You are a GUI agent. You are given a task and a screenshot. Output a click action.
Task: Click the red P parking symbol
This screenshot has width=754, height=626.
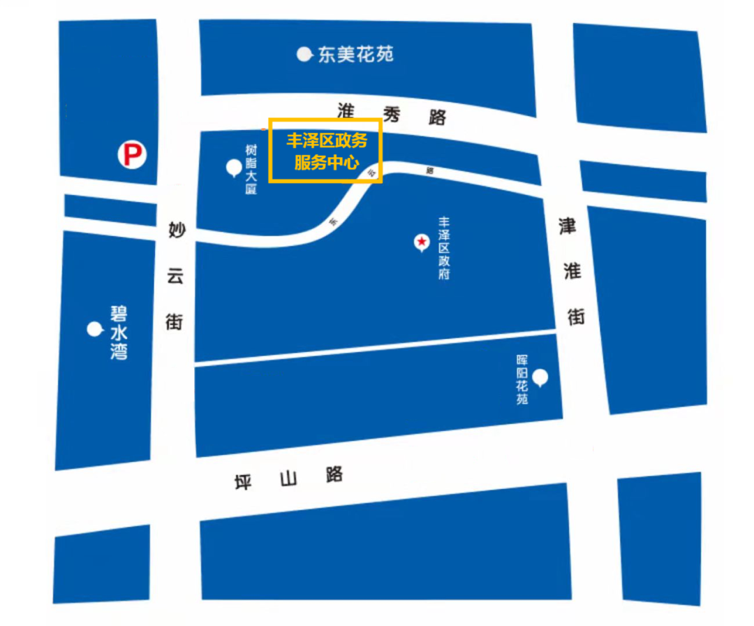(131, 154)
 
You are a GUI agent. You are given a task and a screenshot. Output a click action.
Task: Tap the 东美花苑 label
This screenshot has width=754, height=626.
(355, 54)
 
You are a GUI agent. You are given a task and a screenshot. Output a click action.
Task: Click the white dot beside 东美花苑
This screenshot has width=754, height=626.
(304, 54)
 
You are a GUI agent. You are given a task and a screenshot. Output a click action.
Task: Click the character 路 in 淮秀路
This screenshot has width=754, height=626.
(438, 117)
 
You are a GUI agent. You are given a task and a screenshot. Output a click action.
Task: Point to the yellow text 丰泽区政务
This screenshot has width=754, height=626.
(326, 140)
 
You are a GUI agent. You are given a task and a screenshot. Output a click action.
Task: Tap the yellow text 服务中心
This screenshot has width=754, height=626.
(326, 163)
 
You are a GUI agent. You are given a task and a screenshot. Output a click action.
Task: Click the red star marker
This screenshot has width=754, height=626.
(422, 242)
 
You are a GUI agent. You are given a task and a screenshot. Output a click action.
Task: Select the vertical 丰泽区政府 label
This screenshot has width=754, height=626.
(443, 248)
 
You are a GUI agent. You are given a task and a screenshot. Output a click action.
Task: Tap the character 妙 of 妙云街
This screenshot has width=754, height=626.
(175, 230)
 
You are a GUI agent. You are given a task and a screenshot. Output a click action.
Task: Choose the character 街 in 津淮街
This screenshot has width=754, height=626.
(576, 316)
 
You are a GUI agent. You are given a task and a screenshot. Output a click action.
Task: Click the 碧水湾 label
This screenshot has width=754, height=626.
(119, 332)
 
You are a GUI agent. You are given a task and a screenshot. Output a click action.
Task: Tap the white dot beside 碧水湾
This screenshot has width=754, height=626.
(94, 329)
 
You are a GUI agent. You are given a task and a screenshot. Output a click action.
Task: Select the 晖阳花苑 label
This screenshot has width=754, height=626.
(522, 379)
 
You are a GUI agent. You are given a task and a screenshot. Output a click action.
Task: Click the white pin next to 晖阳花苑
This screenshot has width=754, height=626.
(540, 378)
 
